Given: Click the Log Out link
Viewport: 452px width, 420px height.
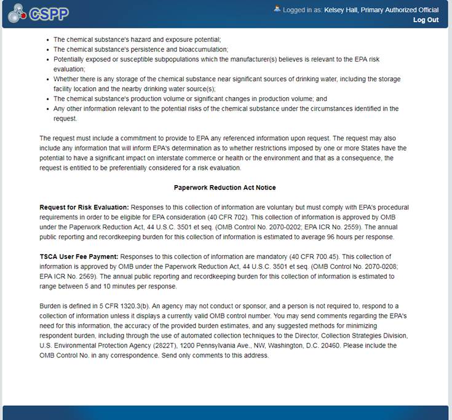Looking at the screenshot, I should [x=426, y=20].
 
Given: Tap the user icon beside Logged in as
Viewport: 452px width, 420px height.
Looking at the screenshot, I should [x=277, y=9].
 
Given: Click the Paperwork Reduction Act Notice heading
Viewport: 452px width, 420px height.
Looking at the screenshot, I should [x=225, y=188].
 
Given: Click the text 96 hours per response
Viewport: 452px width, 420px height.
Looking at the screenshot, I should [x=360, y=237].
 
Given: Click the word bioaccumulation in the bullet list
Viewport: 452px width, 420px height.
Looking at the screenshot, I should [x=202, y=49].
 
